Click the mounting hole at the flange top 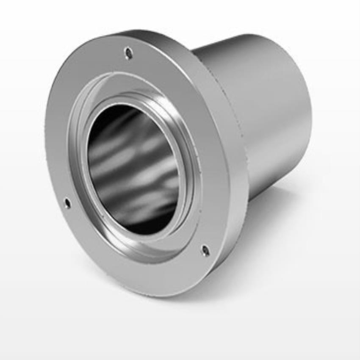click(x=128, y=53)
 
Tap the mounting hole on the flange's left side click(x=67, y=203)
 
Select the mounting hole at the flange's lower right click(x=205, y=251)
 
